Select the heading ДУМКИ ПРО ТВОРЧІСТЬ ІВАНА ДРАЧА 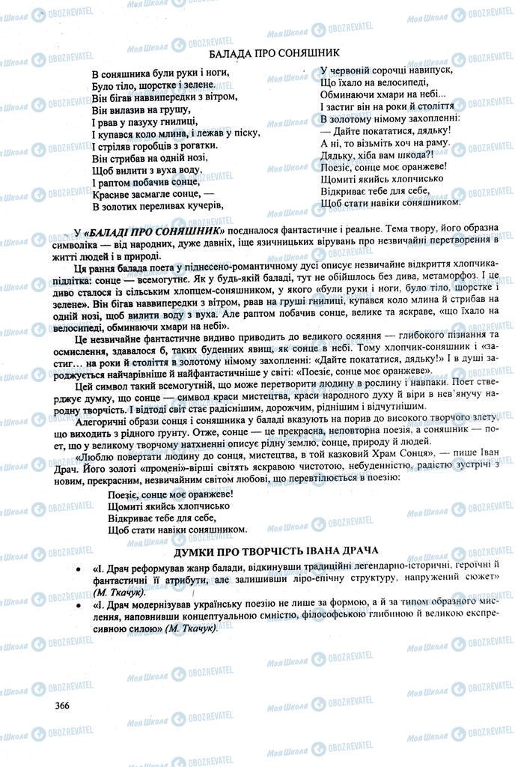click(x=275, y=551)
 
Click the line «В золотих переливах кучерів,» click(x=157, y=204)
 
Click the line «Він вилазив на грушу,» click(x=141, y=109)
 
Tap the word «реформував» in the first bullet click(x=154, y=566)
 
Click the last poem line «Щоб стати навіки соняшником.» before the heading click(x=167, y=529)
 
